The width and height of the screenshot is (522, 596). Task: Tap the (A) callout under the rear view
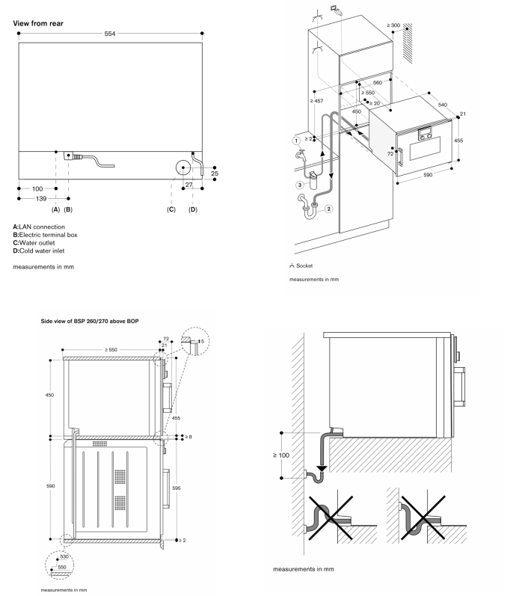(x=56, y=209)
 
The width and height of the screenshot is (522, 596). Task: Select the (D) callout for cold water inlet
(x=192, y=209)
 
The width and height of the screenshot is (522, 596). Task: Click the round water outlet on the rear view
(x=182, y=168)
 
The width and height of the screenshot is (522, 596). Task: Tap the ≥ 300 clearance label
(x=395, y=25)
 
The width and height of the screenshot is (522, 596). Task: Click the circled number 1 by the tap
(x=296, y=140)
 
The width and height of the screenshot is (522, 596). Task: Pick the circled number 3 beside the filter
(x=299, y=185)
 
